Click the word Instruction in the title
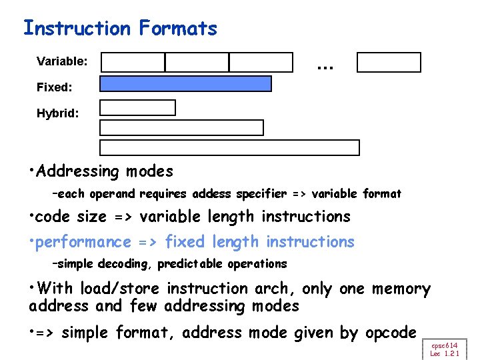[77, 28]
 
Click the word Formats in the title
[178, 28]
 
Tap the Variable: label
[62, 62]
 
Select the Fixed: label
[55, 87]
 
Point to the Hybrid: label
[58, 113]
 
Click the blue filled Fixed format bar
[185, 83]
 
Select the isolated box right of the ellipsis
[389, 62]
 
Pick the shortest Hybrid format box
[137, 107]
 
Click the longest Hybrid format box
[229, 147]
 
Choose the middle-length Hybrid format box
[181, 127]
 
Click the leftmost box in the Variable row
[133, 62]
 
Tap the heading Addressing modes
[105, 171]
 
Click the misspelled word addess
[210, 194]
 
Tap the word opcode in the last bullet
[391, 332]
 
